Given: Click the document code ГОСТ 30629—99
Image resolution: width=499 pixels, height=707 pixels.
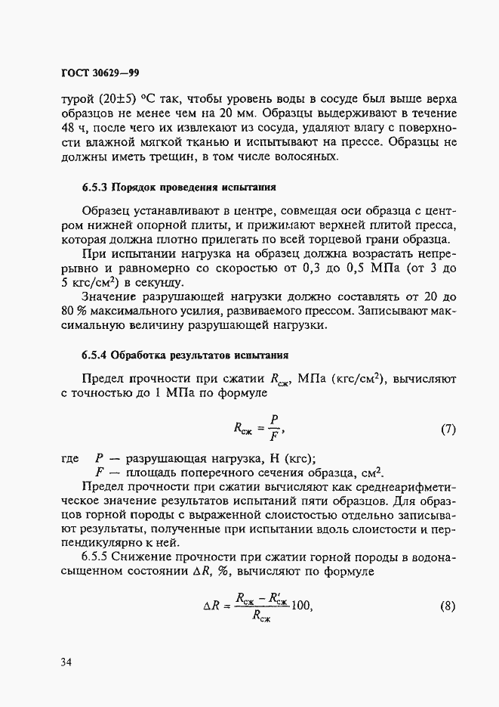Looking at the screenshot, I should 100,73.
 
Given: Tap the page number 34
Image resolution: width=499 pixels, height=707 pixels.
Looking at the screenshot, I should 66,663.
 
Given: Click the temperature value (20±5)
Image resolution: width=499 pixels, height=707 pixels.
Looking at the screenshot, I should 113,99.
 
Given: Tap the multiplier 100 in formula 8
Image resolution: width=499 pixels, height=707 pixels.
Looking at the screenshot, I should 300,606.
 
